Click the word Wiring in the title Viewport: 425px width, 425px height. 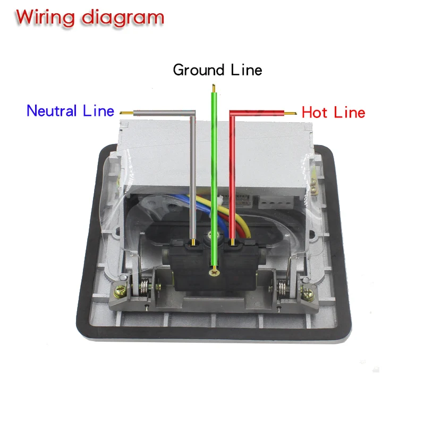point(45,19)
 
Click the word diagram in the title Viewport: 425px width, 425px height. point(123,19)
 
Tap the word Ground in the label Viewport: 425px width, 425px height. point(199,70)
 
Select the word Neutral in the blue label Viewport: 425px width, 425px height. point(52,110)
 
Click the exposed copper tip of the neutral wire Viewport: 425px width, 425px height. point(126,113)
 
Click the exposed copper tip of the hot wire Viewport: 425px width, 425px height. point(290,113)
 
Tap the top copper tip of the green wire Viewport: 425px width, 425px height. point(214,88)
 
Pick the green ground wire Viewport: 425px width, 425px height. point(214,179)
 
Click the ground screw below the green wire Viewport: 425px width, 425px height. point(214,272)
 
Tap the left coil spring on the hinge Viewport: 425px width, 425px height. point(144,288)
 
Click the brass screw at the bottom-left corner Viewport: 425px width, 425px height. point(121,291)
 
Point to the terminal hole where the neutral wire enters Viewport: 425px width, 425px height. point(193,244)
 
